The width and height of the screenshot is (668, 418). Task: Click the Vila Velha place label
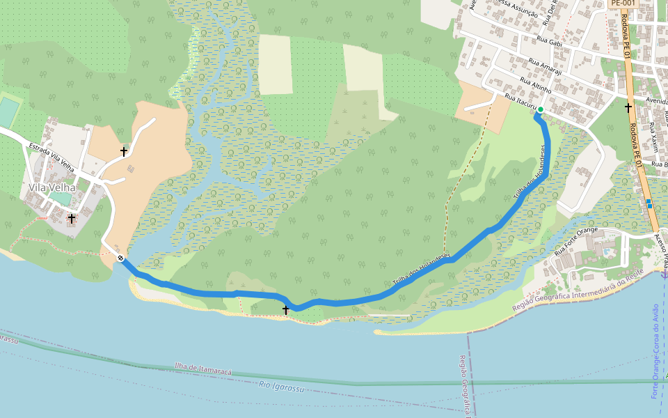coord(51,187)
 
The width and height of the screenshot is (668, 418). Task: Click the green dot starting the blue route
coord(540,109)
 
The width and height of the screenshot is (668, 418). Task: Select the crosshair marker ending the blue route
coord(121,258)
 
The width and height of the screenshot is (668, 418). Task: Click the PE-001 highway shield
coord(623,3)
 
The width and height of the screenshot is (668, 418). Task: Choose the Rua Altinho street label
coord(536,86)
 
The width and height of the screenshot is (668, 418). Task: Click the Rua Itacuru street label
coord(519,102)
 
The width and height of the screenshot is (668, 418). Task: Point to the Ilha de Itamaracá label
coord(203,369)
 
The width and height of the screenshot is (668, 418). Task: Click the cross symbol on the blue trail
coord(285,309)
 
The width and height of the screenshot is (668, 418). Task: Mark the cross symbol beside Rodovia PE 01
coord(628,107)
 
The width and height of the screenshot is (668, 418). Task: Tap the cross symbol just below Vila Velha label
coord(71,219)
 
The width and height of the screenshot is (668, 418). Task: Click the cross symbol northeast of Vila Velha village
coord(124,151)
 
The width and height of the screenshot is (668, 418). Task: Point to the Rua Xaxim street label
coord(653,138)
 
